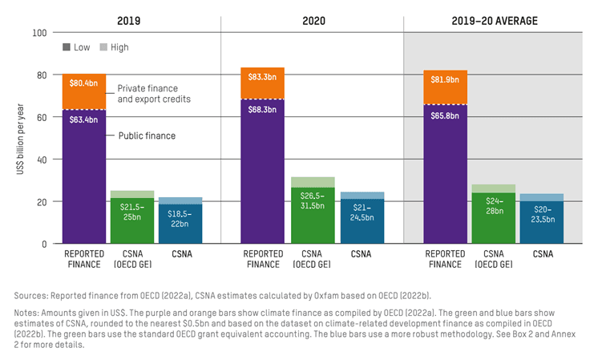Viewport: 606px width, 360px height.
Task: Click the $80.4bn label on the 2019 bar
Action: (x=83, y=82)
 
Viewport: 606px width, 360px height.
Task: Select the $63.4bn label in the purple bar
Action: (x=83, y=119)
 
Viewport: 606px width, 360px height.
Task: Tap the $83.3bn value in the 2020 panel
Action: (x=262, y=76)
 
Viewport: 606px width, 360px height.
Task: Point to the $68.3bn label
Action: (x=262, y=109)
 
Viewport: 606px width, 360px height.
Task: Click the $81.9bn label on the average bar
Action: (x=445, y=79)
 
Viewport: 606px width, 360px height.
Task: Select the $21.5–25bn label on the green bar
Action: (x=132, y=212)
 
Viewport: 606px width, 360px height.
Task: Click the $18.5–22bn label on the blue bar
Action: (x=180, y=216)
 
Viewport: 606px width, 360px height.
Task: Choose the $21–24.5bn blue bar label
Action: (x=362, y=212)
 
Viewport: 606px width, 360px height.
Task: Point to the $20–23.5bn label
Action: (x=543, y=214)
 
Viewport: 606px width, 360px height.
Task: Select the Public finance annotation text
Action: (x=147, y=136)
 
